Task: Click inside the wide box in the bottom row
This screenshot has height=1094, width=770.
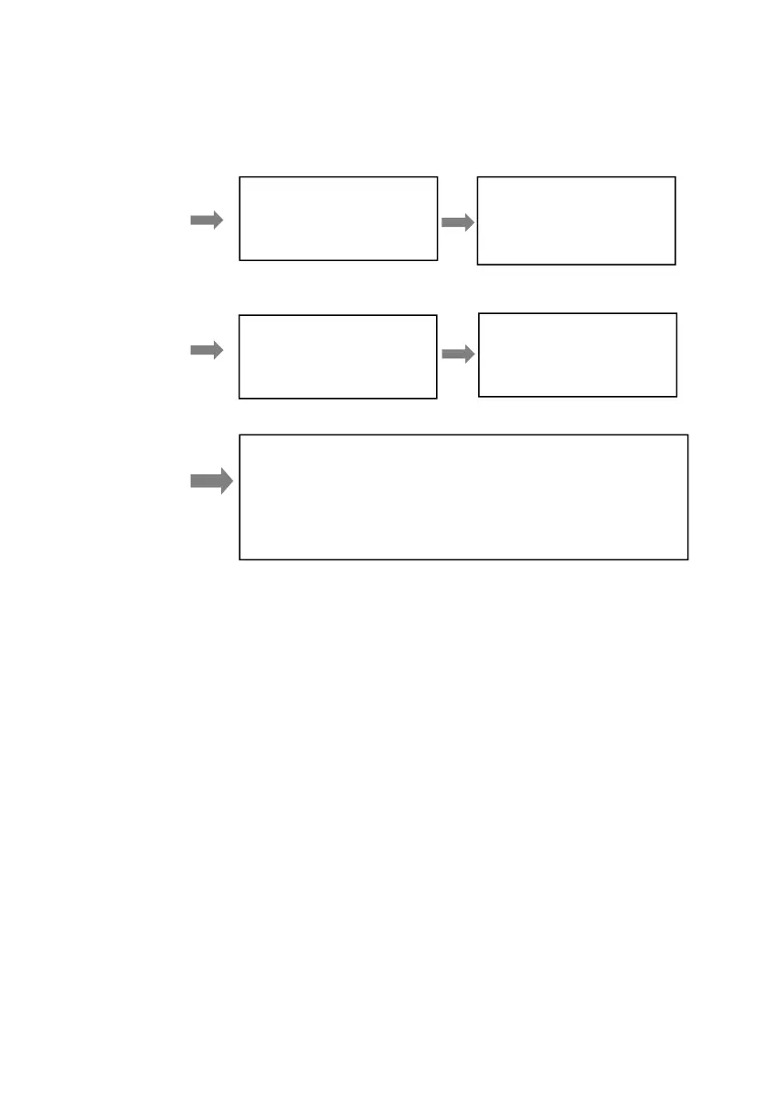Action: pyautogui.click(x=463, y=497)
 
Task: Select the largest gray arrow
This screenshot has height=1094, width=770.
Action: pyautogui.click(x=211, y=482)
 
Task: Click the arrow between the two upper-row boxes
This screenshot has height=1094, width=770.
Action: pyautogui.click(x=457, y=222)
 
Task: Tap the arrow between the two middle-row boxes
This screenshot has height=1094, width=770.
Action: pyautogui.click(x=457, y=355)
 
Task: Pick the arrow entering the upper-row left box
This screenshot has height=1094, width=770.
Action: pyautogui.click(x=206, y=220)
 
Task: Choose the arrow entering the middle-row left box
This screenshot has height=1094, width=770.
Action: pyautogui.click(x=206, y=350)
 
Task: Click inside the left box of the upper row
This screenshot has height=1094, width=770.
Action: pyautogui.click(x=338, y=219)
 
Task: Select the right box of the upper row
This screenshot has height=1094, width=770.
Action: pyautogui.click(x=576, y=220)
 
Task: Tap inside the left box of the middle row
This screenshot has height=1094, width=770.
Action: pyautogui.click(x=337, y=356)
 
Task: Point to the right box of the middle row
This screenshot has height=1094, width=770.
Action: pyautogui.click(x=577, y=355)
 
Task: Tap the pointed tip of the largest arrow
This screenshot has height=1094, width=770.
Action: pyautogui.click(x=233, y=482)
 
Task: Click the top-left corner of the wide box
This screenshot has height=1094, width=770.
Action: pyautogui.click(x=240, y=435)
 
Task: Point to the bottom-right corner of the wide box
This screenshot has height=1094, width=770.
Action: pyautogui.click(x=687, y=558)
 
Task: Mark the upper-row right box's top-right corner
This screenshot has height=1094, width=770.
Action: pyautogui.click(x=675, y=177)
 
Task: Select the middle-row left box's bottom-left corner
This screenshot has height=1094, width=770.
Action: pyautogui.click(x=240, y=398)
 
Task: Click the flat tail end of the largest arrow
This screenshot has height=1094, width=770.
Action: pyautogui.click(x=191, y=482)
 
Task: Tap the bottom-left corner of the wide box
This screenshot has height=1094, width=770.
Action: pyautogui.click(x=240, y=558)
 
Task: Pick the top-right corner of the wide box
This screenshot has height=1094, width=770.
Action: pyautogui.click(x=687, y=435)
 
